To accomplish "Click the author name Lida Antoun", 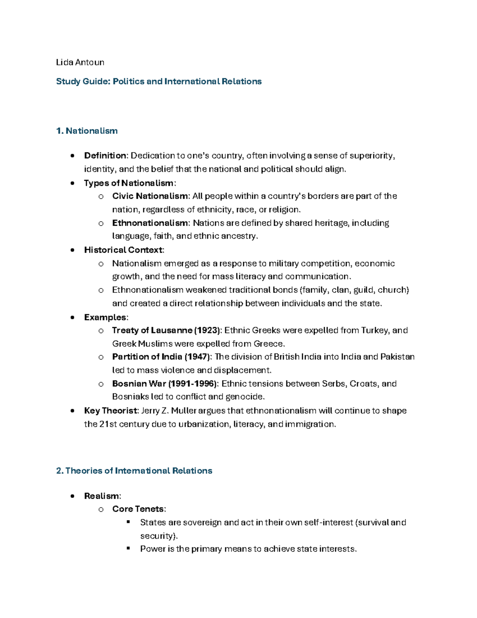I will click(x=80, y=62).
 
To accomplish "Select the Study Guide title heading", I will click(x=159, y=82).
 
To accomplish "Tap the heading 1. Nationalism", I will click(x=87, y=131).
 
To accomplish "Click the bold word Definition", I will click(x=105, y=156).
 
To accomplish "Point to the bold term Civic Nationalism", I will click(x=150, y=196).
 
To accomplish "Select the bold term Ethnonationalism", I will click(x=150, y=223).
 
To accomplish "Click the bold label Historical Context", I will click(x=123, y=250).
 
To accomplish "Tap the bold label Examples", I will click(x=106, y=317).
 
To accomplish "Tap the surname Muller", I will click(x=184, y=411).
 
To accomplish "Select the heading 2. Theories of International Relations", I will click(x=134, y=471).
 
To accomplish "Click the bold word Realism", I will click(x=101, y=496).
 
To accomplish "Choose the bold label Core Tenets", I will click(x=138, y=509).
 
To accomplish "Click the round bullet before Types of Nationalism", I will click(x=72, y=183).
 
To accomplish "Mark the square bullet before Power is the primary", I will click(x=128, y=548).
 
